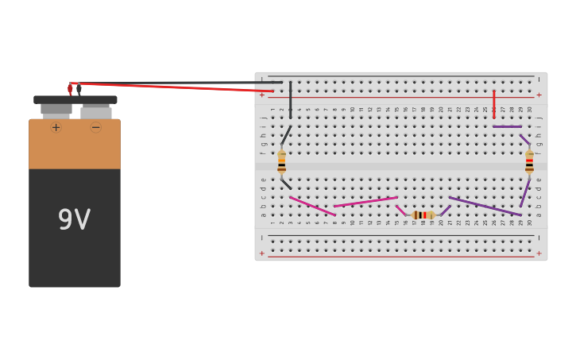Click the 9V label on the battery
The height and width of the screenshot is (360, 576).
74,220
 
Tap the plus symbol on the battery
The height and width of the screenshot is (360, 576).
56,127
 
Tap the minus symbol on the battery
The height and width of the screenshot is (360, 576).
95,127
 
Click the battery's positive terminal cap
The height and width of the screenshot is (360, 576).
56,108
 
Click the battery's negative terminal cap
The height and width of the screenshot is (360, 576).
96,111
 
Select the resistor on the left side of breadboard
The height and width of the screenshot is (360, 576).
281,161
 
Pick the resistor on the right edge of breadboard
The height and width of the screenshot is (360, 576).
529,161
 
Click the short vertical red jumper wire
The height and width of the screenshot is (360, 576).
493,103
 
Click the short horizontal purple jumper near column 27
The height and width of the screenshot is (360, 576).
507,126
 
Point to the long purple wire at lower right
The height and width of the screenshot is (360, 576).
485,206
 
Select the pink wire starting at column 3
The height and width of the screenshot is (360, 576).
312,206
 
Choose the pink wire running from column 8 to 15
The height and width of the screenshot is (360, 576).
365,202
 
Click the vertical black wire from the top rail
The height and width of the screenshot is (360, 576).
290,99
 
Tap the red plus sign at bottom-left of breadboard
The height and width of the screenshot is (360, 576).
262,254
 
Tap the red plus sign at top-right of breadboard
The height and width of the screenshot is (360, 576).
539,95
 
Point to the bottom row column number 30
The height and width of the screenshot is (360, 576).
530,223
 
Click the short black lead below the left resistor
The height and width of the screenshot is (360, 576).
286,184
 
